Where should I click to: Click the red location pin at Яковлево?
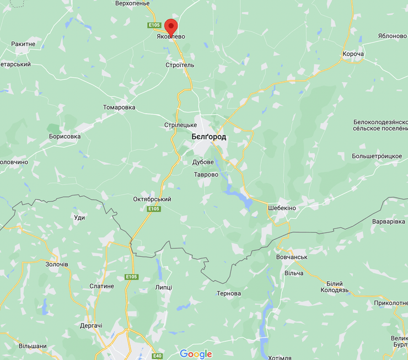tap(171, 25)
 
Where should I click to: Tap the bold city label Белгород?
tap(208, 137)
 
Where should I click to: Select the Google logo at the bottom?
tap(196, 354)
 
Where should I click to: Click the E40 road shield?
tap(158, 356)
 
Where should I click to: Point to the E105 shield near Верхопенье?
tap(154, 25)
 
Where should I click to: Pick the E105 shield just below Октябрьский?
tap(154, 209)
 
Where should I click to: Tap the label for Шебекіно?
tap(281, 208)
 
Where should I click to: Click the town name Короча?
tap(353, 54)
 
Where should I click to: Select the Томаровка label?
tap(119, 108)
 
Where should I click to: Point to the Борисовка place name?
tap(65, 136)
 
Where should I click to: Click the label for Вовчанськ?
tap(291, 257)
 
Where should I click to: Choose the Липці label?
tap(164, 287)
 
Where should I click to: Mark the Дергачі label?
tap(91, 326)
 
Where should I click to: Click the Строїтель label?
tap(180, 65)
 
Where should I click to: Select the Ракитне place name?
tap(23, 44)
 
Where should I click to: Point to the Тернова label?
tap(229, 293)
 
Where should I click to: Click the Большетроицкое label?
tap(377, 156)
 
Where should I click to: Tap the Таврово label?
tap(206, 175)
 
